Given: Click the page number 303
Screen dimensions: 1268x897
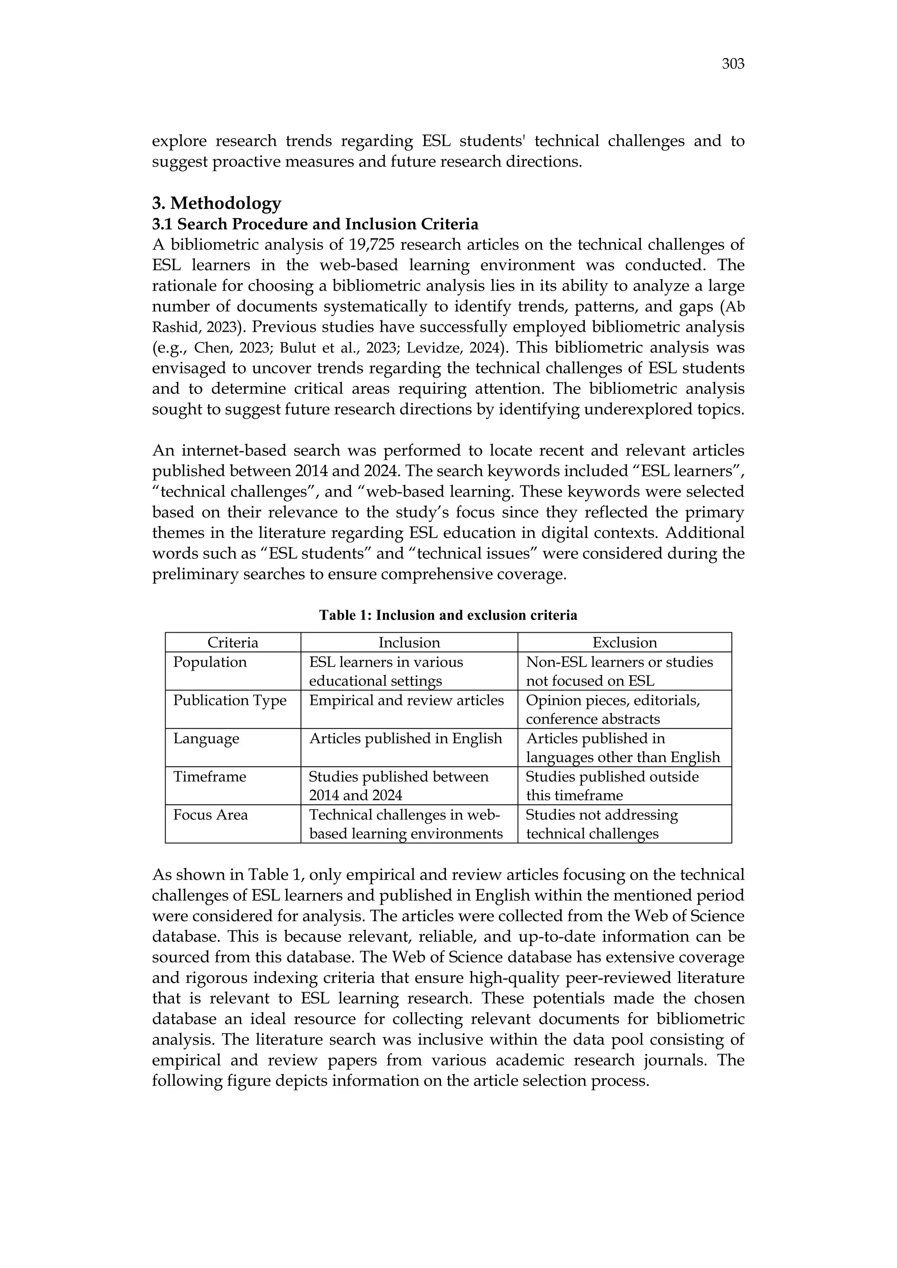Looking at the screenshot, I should [x=732, y=64].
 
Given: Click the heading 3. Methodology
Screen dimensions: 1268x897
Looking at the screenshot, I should [x=216, y=203].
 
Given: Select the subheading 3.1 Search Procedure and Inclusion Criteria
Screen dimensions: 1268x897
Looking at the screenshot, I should [x=315, y=224].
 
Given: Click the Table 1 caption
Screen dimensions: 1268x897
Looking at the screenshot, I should [x=448, y=615].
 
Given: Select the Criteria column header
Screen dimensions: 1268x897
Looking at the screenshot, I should [x=233, y=642].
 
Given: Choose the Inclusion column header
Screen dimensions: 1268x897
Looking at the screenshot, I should [x=409, y=642].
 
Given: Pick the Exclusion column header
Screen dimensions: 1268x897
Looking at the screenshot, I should [x=624, y=642].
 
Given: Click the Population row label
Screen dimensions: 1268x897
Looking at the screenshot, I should [x=210, y=662].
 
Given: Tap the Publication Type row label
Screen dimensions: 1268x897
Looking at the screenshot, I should [x=230, y=700].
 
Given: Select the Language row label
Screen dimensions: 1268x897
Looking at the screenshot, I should [x=206, y=738].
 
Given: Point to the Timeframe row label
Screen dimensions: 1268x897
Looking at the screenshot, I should [x=210, y=776].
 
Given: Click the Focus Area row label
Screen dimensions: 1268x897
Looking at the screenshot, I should [x=210, y=814].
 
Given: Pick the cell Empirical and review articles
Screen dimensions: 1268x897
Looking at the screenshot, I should [x=406, y=700].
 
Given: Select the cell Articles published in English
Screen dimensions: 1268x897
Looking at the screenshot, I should [x=406, y=738].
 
